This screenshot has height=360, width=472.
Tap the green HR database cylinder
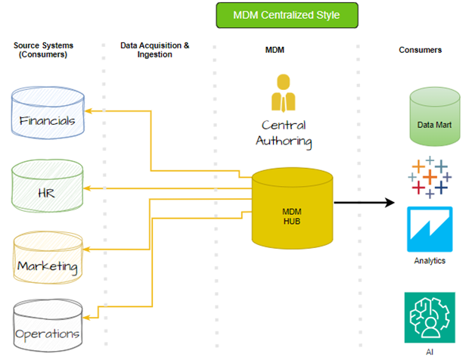click(x=48, y=186)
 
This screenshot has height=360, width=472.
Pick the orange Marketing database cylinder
click(x=47, y=258)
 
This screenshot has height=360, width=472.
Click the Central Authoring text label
click(x=287, y=132)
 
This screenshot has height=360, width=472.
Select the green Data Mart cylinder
click(x=435, y=117)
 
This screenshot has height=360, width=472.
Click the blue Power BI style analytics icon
click(x=430, y=229)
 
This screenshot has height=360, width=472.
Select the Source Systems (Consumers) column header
click(x=41, y=50)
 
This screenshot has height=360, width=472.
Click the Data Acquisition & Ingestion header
click(x=155, y=50)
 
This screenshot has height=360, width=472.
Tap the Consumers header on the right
click(x=420, y=50)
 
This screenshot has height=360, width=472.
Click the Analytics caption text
click(x=429, y=261)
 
